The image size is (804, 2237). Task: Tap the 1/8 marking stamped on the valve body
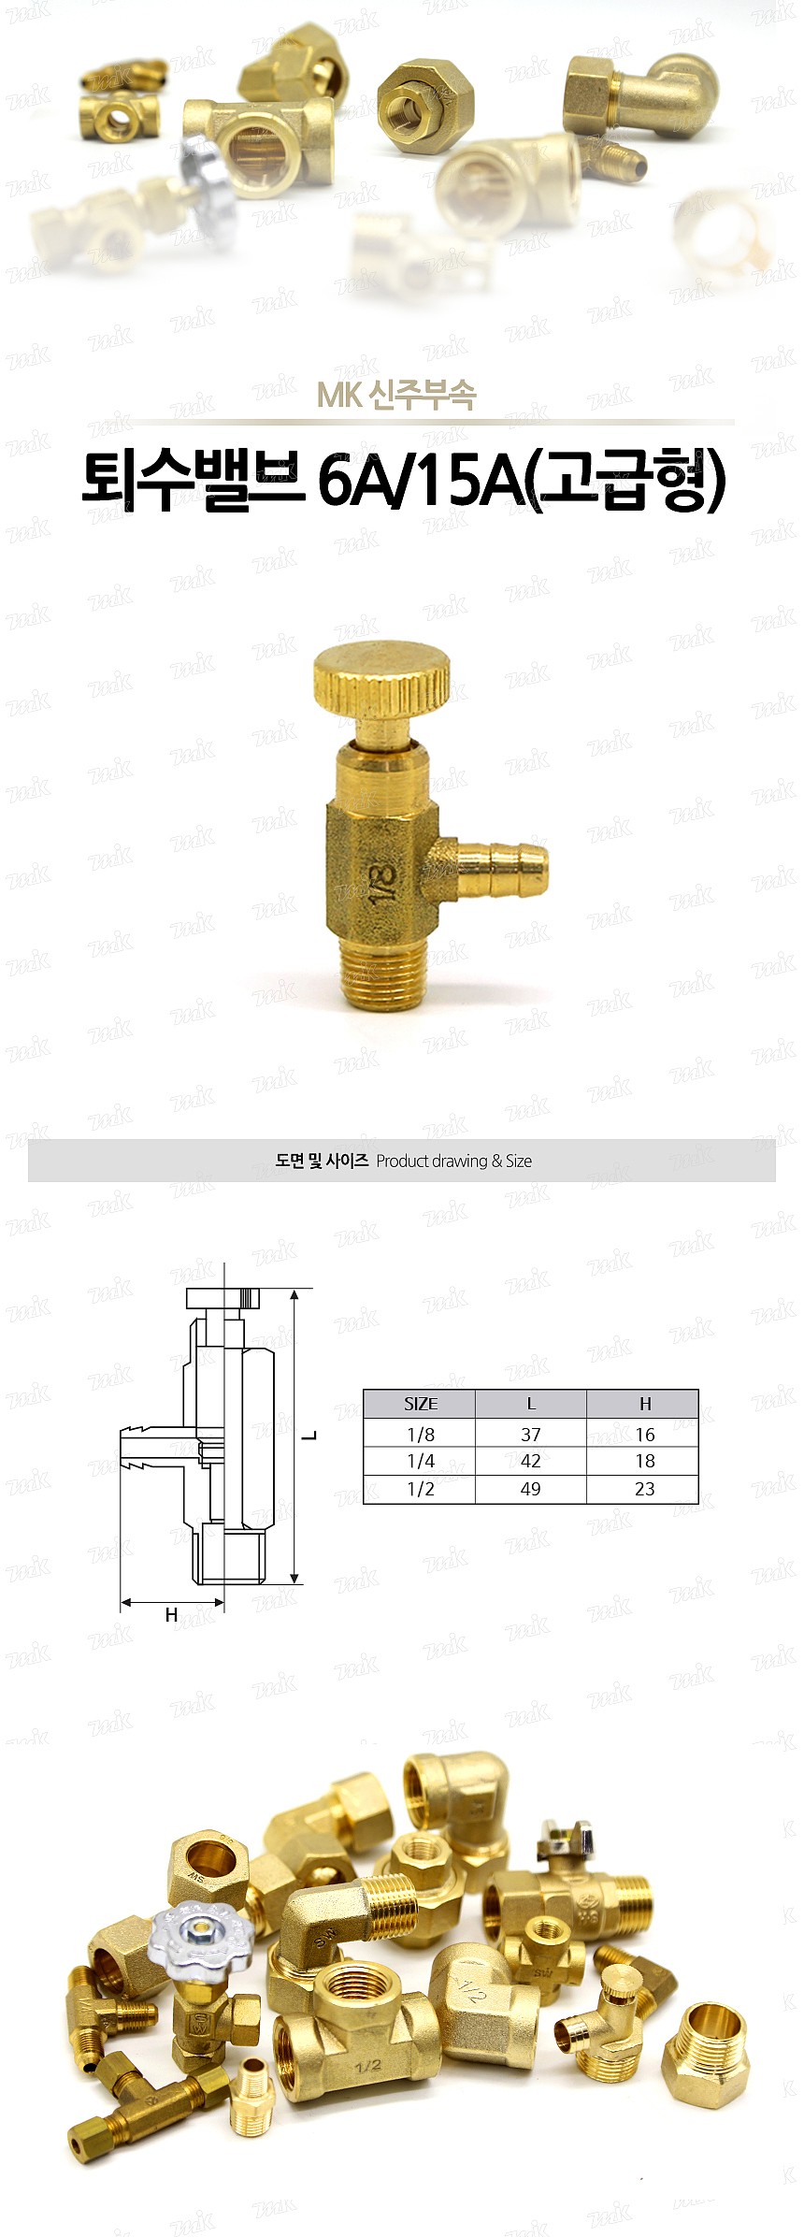pyautogui.click(x=382, y=881)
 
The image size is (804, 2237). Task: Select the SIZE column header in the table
pyautogui.click(x=420, y=1403)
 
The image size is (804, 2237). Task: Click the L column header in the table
pyautogui.click(x=531, y=1403)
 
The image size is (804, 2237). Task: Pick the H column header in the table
pyautogui.click(x=644, y=1403)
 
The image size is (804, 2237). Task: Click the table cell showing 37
pyautogui.click(x=531, y=1434)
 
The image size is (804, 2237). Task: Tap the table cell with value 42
pyautogui.click(x=531, y=1461)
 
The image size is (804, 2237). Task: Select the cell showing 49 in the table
pyautogui.click(x=531, y=1489)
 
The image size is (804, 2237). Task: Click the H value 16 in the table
pyautogui.click(x=644, y=1434)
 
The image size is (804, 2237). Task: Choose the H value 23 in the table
pyautogui.click(x=644, y=1489)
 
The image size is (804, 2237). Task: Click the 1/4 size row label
pyautogui.click(x=420, y=1461)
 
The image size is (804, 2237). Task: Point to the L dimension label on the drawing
pyautogui.click(x=313, y=1435)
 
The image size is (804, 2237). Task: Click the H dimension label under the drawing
pyautogui.click(x=171, y=1614)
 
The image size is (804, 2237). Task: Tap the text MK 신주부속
pyautogui.click(x=396, y=396)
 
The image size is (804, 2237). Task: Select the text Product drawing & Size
pyautogui.click(x=453, y=1161)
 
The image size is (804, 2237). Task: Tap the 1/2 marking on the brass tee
pyautogui.click(x=367, y=2064)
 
